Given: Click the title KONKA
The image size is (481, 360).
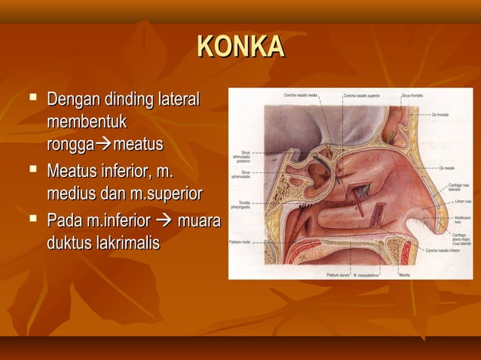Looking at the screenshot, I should tap(240, 47).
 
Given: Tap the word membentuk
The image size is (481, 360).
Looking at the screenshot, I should tap(86, 121).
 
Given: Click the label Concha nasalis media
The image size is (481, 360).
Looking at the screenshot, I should tap(301, 96).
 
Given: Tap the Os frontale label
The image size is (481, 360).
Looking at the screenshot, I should tap(442, 114).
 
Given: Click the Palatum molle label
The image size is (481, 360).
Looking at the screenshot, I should tap(240, 243).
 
